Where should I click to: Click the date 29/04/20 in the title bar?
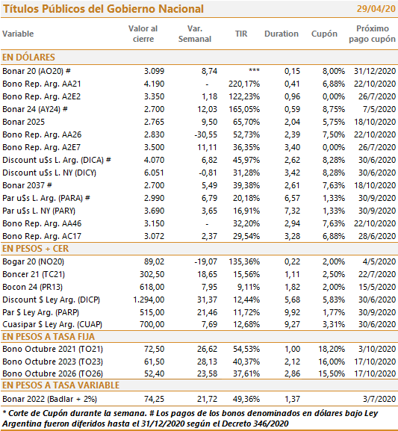pyautogui.click(x=376, y=9)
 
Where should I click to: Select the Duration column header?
pyautogui.click(x=282, y=34)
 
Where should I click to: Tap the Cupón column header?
pyautogui.click(x=324, y=34)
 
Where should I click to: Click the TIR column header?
pyautogui.click(x=241, y=34)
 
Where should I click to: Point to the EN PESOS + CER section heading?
pyautogui.click(x=35, y=249)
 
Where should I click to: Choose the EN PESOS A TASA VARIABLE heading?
pyautogui.click(x=61, y=385)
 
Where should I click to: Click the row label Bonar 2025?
pyautogui.click(x=23, y=122)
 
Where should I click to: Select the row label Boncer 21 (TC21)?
pyautogui.click(x=34, y=274)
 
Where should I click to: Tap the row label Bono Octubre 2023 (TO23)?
pyautogui.click(x=52, y=362)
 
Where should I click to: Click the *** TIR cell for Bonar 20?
pyautogui.click(x=254, y=70)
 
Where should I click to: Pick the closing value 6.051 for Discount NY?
pyautogui.click(x=154, y=173)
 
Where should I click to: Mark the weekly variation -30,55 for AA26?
pyautogui.click(x=205, y=134)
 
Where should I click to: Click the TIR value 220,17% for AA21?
pyautogui.click(x=244, y=84)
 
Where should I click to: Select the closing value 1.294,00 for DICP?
pyautogui.click(x=149, y=300)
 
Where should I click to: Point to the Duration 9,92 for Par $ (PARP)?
pyautogui.click(x=292, y=312)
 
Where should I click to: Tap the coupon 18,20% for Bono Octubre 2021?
pyautogui.click(x=332, y=349)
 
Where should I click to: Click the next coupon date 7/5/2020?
pyautogui.click(x=379, y=109)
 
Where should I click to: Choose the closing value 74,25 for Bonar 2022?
pyautogui.click(x=155, y=399)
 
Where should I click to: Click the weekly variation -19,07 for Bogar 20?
pyautogui.click(x=205, y=261)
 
